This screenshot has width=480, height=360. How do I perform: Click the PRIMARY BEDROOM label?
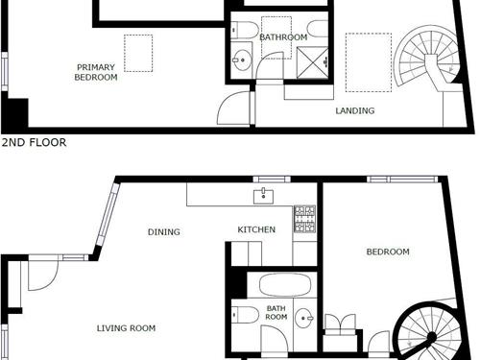pos(96,72)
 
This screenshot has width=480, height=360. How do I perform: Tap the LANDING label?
pos(355,110)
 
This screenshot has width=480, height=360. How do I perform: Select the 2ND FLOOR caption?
pos(34,142)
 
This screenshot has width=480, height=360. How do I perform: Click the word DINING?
pos(164,231)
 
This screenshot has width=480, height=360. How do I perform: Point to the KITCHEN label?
pos(256,229)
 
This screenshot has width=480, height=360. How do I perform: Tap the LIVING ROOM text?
pos(126,328)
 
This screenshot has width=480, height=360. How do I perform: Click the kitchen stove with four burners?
pos(305,219)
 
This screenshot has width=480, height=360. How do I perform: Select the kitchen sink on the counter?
pos(263,196)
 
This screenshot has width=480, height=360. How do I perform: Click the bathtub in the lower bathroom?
pos(285,284)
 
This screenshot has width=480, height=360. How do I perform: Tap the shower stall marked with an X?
pos(313,62)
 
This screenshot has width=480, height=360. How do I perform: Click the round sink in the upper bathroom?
pos(241,60)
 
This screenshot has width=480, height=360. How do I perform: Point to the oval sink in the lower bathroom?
pos(304,318)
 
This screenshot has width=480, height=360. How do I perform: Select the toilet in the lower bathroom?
pos(245,315)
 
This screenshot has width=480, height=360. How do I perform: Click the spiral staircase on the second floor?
pos(427,60)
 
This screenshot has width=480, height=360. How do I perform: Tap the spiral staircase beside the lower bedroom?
pos(429,333)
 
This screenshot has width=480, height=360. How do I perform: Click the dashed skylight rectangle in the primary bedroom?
pos(138,53)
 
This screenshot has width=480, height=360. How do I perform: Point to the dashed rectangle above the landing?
pos(369,62)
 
